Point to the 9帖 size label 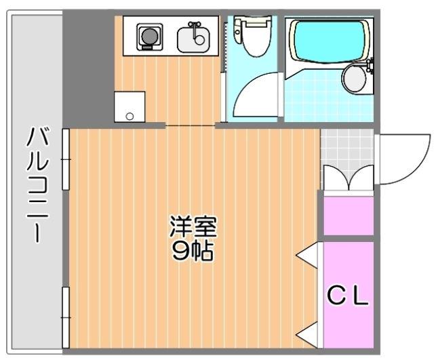click(x=193, y=251)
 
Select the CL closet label click(x=348, y=296)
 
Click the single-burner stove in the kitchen click(x=148, y=37)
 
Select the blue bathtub click(x=329, y=41)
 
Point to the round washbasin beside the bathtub click(x=354, y=79)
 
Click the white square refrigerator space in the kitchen click(x=130, y=106)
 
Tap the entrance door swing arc click(x=405, y=159)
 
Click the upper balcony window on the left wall click(x=66, y=159)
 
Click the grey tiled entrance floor click(x=346, y=145)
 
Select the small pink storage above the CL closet click(x=348, y=216)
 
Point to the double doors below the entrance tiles click(x=346, y=180)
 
